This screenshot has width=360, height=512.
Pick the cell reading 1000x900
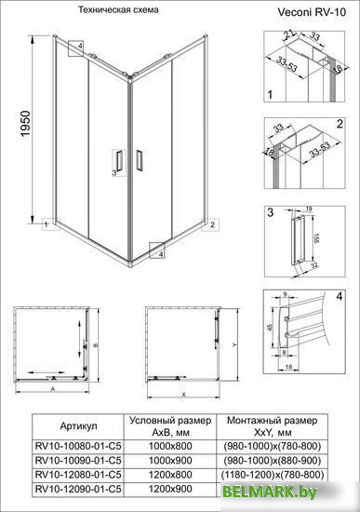[169, 459]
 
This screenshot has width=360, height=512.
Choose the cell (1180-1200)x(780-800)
[274, 473]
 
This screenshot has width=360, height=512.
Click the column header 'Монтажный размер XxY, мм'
[274, 424]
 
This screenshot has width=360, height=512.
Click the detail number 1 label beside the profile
[268, 95]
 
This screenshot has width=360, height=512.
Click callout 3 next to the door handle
[114, 172]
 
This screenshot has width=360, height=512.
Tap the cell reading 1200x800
[169, 473]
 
